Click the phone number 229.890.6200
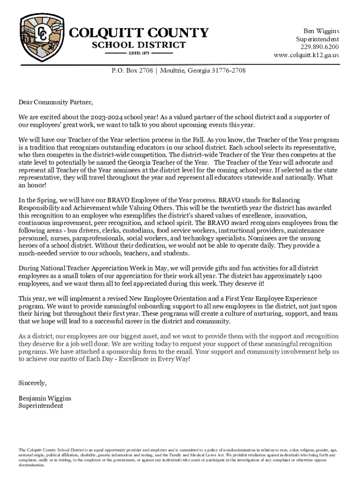pos(320,47)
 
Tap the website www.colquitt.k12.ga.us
pos(306,55)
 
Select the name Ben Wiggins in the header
pos(321,31)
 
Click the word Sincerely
pos(33,383)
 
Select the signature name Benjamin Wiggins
pos(45,399)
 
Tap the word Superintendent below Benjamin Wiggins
pos(41,406)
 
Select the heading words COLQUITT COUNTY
pos(139,33)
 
